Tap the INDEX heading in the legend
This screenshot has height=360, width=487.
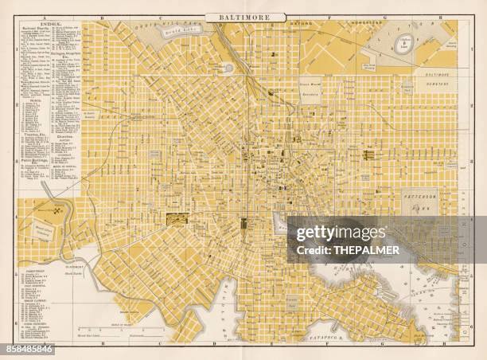(x=49, y=25)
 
